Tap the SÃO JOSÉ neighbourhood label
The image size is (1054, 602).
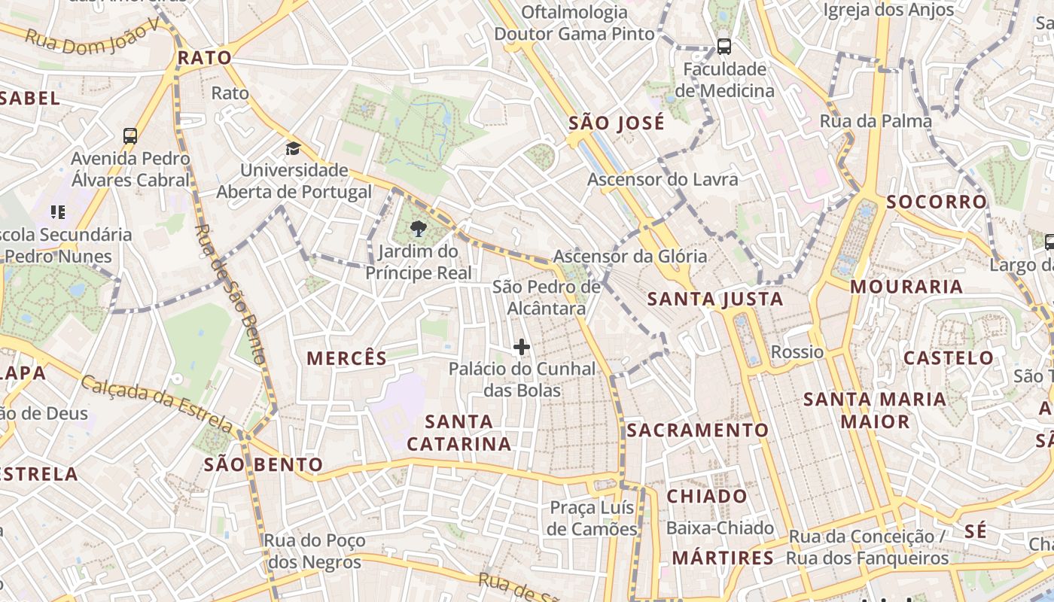click(x=617, y=123)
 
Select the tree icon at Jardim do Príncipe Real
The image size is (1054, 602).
click(x=418, y=227)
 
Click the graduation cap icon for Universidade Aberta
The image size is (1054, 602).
click(x=293, y=148)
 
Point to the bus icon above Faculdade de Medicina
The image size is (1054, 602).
click(x=724, y=47)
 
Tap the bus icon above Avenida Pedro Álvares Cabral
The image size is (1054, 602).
click(x=130, y=136)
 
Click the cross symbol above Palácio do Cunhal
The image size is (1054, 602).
click(x=522, y=347)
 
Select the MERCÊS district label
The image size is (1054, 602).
click(x=347, y=358)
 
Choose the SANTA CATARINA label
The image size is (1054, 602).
click(x=459, y=432)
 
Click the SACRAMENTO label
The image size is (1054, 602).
click(x=697, y=430)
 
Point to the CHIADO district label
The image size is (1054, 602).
click(x=707, y=497)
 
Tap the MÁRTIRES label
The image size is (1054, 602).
click(x=723, y=558)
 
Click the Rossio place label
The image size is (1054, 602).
click(x=797, y=351)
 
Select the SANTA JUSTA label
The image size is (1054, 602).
click(x=715, y=299)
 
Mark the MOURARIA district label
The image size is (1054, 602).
click(x=906, y=287)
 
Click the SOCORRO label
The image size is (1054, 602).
click(x=937, y=202)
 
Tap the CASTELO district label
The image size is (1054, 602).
click(x=949, y=357)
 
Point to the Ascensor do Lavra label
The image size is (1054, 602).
click(x=663, y=179)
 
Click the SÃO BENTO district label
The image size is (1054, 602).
click(x=263, y=464)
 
